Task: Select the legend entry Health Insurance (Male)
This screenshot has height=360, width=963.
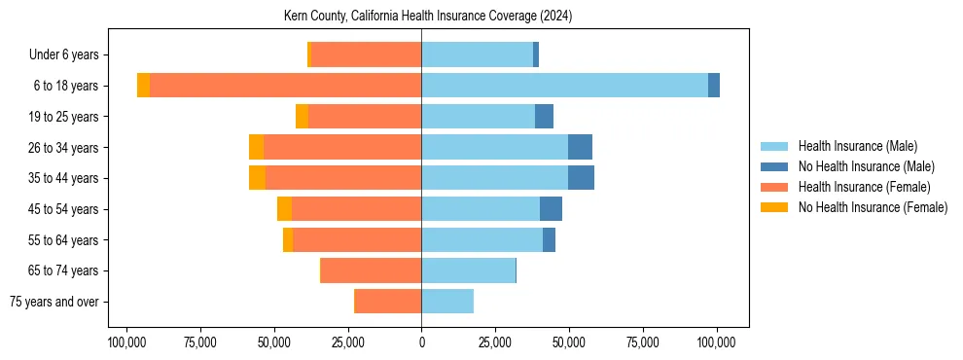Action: (856, 146)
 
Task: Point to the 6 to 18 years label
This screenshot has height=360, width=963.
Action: (66, 86)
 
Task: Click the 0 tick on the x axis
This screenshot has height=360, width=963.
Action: (421, 342)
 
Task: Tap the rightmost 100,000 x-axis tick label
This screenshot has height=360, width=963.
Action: (717, 342)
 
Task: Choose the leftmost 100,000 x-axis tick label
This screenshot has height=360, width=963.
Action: (126, 342)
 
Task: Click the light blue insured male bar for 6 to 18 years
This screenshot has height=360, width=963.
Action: (564, 86)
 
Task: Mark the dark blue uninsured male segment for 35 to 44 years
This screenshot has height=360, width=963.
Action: (581, 178)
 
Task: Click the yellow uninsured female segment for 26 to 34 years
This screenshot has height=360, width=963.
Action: (256, 147)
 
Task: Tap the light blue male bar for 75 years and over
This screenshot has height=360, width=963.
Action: (447, 302)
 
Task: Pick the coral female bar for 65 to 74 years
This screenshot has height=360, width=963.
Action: (372, 270)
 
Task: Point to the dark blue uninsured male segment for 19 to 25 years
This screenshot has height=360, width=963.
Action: (544, 117)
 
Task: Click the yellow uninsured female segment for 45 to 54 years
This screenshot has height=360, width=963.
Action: (284, 209)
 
